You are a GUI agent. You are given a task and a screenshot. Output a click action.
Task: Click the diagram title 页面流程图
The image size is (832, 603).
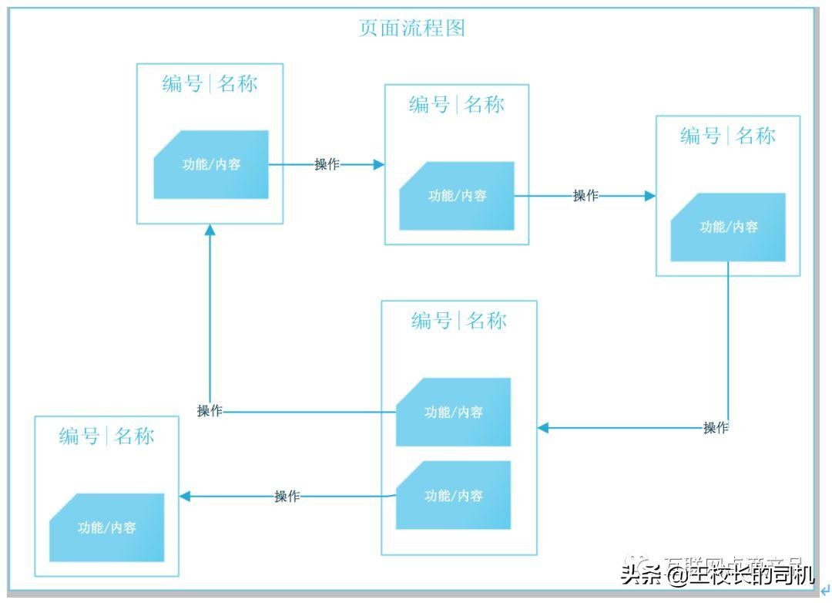412,29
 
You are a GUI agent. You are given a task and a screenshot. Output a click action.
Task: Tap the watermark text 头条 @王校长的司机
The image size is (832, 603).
717,574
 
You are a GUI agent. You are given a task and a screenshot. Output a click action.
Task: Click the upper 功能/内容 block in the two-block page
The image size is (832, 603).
454,412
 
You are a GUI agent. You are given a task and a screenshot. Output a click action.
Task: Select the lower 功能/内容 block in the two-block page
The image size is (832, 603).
454,495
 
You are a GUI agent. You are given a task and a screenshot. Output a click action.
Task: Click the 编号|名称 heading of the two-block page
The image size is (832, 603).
459,320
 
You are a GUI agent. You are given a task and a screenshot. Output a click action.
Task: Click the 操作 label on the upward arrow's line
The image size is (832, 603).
210,411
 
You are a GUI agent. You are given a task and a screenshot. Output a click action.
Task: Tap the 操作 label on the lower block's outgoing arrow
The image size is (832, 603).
287,497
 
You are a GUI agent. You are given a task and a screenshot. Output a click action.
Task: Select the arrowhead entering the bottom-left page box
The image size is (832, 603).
185,497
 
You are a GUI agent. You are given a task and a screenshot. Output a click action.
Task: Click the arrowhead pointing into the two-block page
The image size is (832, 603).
542,427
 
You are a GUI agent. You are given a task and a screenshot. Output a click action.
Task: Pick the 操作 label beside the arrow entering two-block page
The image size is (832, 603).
716,427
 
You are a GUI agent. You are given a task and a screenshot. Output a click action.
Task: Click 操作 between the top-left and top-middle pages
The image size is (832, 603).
327,164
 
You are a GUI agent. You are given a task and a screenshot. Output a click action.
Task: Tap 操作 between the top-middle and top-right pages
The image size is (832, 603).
585,196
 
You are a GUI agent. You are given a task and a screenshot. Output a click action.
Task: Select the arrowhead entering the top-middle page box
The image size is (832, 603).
378,164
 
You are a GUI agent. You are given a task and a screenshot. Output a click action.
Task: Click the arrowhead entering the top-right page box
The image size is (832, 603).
650,196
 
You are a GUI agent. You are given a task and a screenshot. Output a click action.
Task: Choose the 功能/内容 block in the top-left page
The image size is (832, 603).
211,164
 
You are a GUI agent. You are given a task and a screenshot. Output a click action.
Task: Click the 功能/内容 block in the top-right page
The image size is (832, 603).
728,227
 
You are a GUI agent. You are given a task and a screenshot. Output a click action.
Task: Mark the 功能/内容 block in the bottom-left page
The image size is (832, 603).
107,527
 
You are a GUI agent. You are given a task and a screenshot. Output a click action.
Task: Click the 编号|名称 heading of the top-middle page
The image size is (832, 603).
457,104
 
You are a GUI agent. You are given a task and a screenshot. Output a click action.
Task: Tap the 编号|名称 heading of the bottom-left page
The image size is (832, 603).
107,436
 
